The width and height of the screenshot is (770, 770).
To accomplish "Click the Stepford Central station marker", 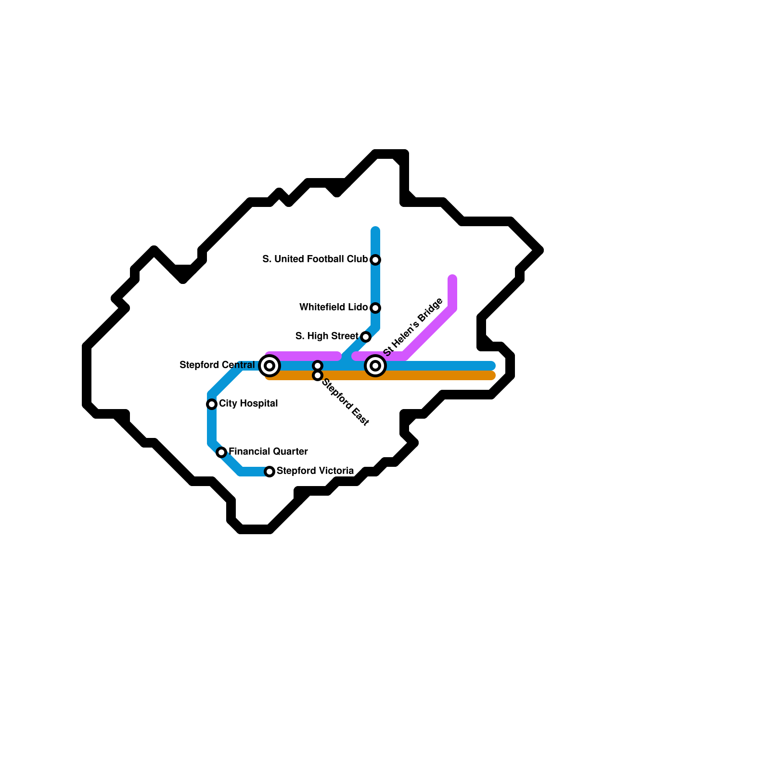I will pyautogui.click(x=269, y=366).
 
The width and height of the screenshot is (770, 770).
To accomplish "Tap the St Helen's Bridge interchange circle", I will pyautogui.click(x=375, y=366).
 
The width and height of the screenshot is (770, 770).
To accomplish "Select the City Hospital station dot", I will pyautogui.click(x=212, y=404).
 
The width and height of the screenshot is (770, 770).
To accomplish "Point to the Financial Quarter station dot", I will pyautogui.click(x=221, y=452).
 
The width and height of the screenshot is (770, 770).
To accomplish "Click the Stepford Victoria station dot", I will pyautogui.click(x=270, y=472).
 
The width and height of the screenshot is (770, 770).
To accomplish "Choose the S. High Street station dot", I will pyautogui.click(x=366, y=337).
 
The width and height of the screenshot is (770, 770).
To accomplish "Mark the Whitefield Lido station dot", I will pyautogui.click(x=376, y=308).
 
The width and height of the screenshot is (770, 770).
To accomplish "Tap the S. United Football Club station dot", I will pyautogui.click(x=376, y=260).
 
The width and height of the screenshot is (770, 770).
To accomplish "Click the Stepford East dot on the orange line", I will pyautogui.click(x=318, y=375).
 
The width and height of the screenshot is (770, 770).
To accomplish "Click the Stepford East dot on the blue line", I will pyautogui.click(x=318, y=366).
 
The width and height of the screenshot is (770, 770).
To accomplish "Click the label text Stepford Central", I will pyautogui.click(x=217, y=365).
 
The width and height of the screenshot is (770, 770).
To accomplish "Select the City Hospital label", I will pyautogui.click(x=248, y=404).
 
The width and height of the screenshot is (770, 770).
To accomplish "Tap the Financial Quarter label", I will pyautogui.click(x=268, y=452).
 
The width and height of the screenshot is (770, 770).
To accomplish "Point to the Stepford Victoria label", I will pyautogui.click(x=315, y=471).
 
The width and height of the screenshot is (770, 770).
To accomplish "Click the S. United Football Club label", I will pyautogui.click(x=315, y=259).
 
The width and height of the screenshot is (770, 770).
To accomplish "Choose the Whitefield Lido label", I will pyautogui.click(x=333, y=308).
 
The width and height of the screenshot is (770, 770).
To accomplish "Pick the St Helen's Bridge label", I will pyautogui.click(x=413, y=327).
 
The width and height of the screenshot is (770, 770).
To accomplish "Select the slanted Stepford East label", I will pyautogui.click(x=345, y=402).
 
